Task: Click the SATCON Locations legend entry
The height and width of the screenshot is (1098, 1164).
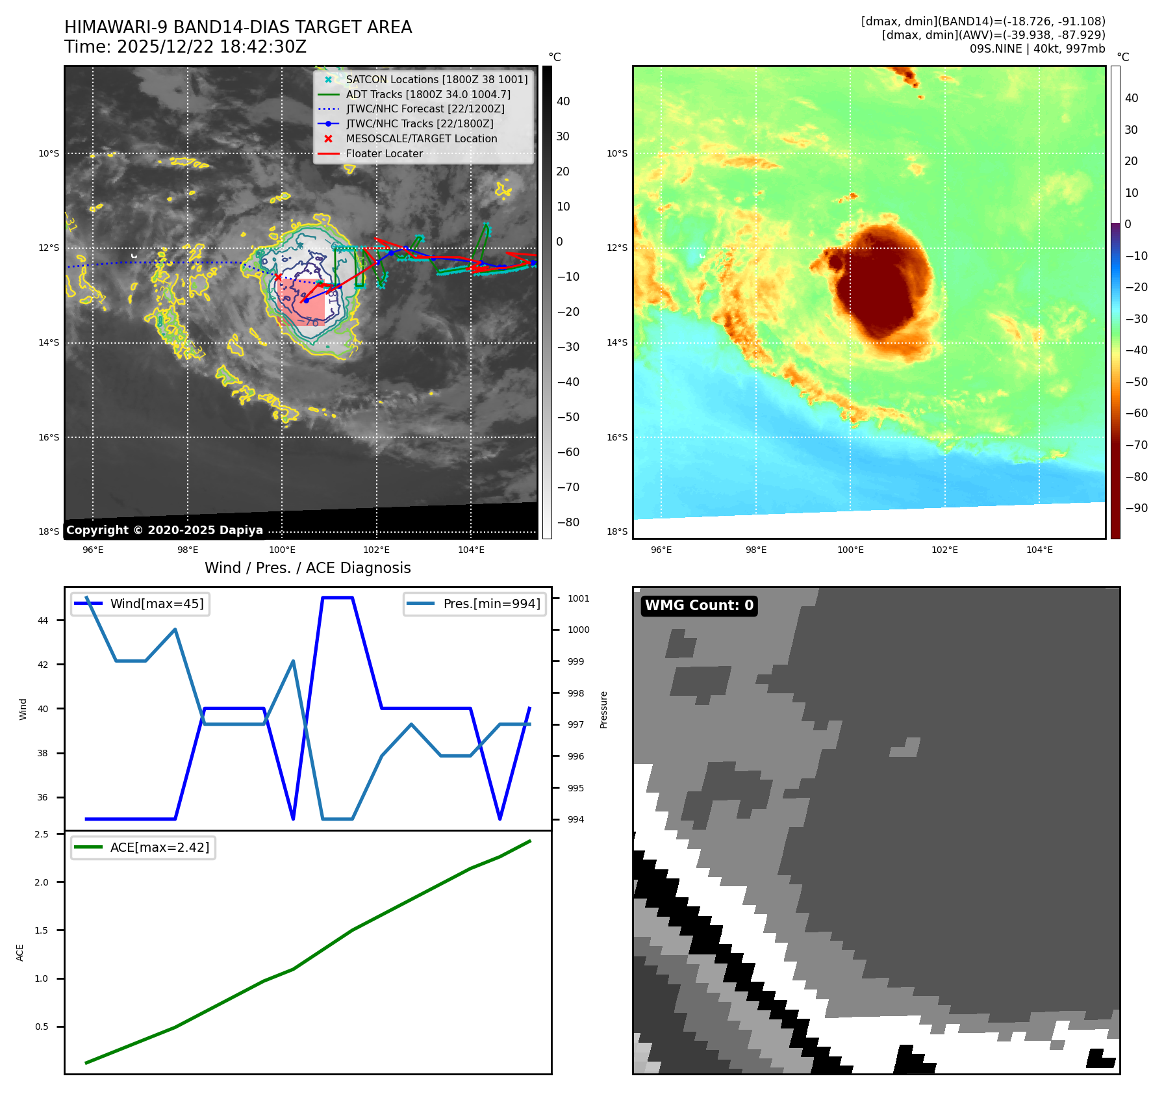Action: click(x=436, y=79)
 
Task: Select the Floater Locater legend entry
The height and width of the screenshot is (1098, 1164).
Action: click(x=384, y=153)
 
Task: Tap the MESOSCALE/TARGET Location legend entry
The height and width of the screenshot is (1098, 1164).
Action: click(x=421, y=138)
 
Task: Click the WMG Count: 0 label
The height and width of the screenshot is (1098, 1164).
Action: click(x=699, y=606)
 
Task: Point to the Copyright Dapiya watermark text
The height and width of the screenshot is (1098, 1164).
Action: click(x=164, y=530)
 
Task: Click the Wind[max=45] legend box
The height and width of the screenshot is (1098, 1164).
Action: click(x=140, y=604)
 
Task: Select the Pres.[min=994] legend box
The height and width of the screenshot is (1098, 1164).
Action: click(x=474, y=604)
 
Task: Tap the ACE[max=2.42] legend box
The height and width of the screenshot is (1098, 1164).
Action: click(x=143, y=847)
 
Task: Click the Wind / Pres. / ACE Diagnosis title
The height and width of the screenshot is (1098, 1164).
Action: click(x=307, y=568)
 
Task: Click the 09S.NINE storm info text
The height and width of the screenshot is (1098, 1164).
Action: click(x=1037, y=49)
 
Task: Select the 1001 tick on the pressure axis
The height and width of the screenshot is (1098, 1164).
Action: click(x=578, y=598)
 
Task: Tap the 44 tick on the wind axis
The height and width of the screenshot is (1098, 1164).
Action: click(x=43, y=620)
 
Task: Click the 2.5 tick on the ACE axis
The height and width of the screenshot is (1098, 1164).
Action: click(x=42, y=834)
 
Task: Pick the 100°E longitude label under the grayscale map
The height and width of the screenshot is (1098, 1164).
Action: click(x=282, y=550)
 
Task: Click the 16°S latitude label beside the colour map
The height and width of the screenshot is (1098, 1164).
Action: click(x=617, y=437)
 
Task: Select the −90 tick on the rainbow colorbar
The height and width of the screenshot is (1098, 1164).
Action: click(x=1136, y=508)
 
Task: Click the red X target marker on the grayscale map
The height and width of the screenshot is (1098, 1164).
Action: click(x=279, y=277)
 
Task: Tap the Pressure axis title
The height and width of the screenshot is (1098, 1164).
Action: click(x=603, y=709)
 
